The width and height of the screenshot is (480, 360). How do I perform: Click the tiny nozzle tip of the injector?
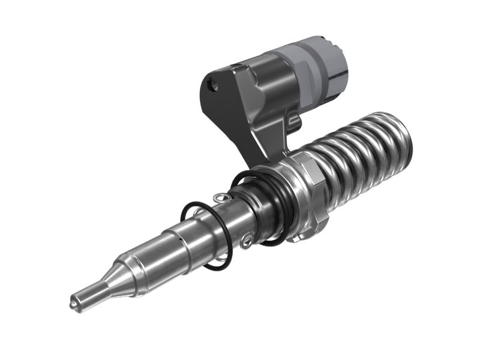point(73,304)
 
